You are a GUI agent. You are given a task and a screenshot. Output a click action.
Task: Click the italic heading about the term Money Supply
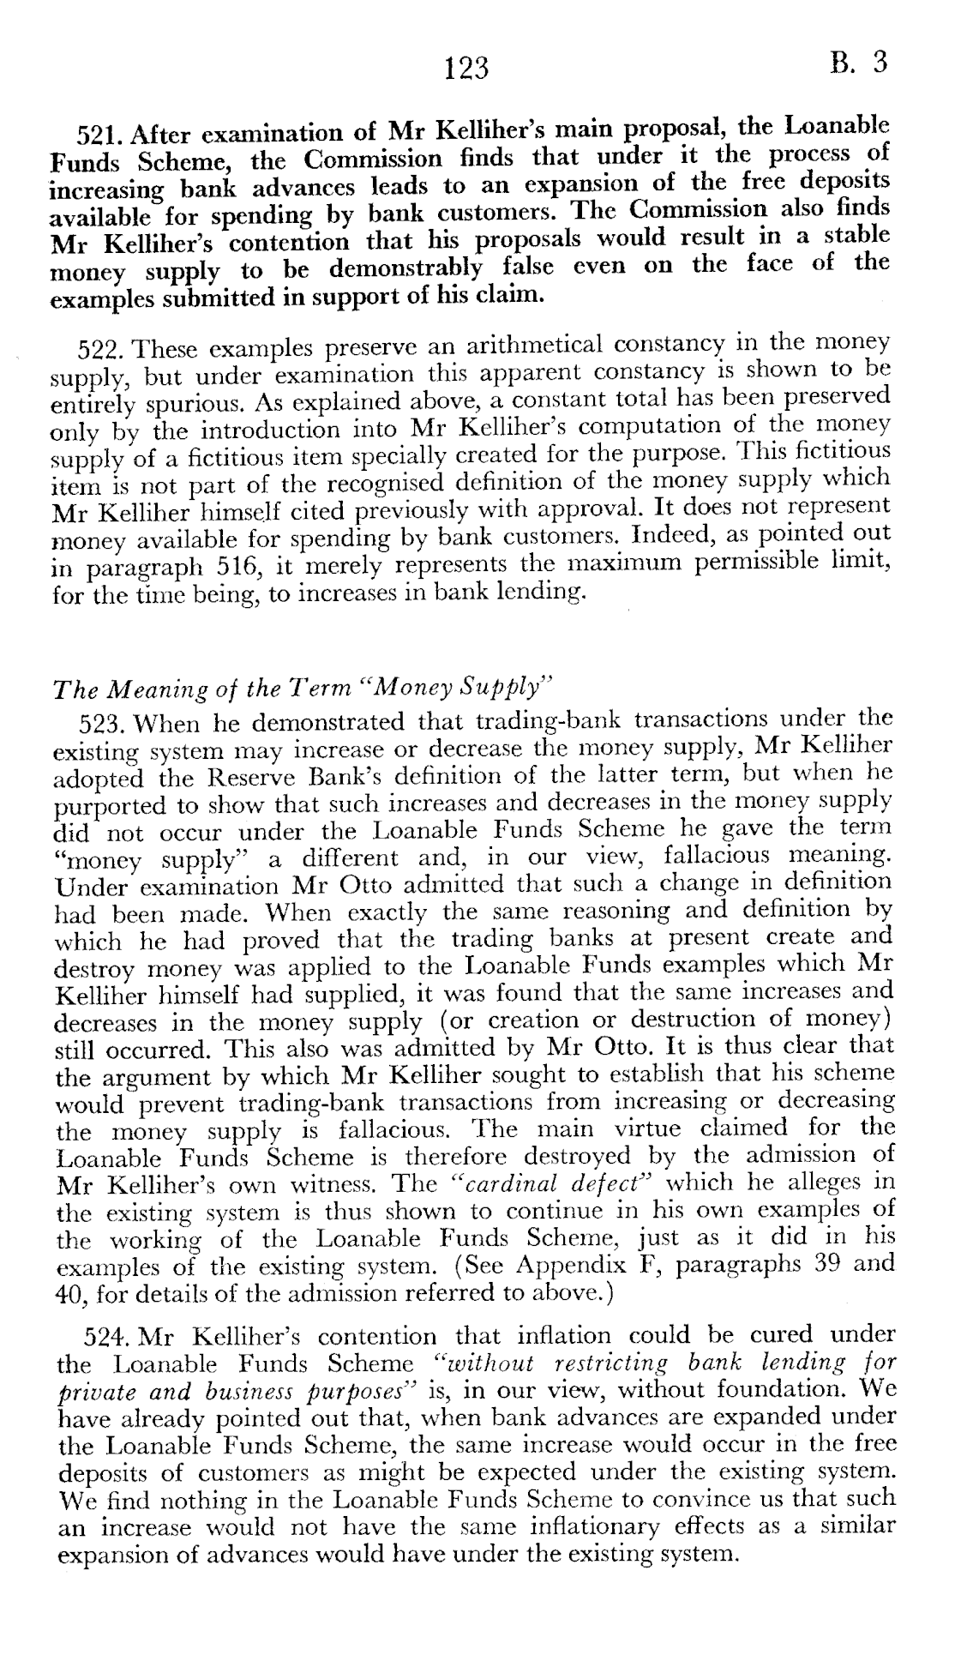(301, 689)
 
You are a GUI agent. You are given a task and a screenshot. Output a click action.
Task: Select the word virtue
(661, 1128)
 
